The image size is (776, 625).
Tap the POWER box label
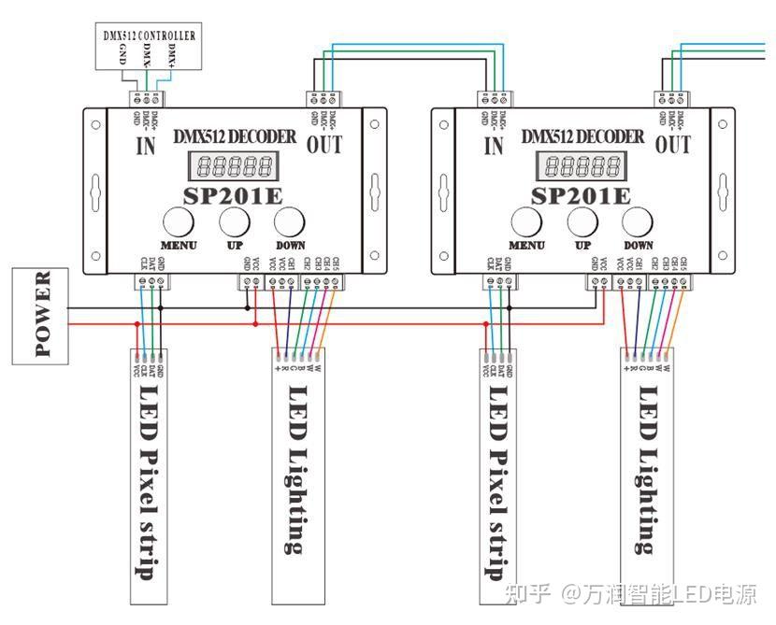[41, 315]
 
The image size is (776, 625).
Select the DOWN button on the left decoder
[290, 222]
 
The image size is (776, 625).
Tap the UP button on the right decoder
[582, 222]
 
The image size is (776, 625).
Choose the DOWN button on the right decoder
[639, 222]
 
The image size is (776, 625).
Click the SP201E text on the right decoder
[581, 195]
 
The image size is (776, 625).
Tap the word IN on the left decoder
[146, 145]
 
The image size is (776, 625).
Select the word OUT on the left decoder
[323, 145]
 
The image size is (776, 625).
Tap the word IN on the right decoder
[495, 145]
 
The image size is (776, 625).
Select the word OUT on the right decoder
[673, 145]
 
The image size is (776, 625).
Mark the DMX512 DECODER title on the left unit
[234, 136]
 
